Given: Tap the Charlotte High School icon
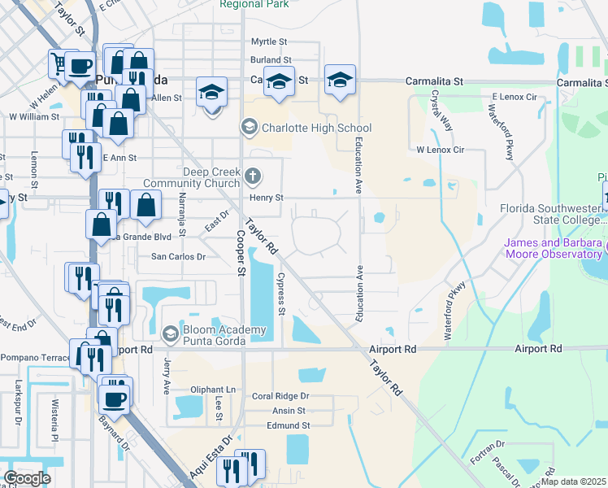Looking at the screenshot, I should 249,128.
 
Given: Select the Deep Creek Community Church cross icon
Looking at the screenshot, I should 253,176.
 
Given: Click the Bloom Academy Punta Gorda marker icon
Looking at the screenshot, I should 170,333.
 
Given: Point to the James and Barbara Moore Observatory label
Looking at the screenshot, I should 553,250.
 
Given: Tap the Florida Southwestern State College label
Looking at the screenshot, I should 553,213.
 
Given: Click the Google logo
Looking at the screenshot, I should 27,478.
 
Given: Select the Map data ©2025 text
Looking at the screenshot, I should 574,481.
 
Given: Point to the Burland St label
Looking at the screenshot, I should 271,60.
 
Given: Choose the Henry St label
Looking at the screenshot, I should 266,198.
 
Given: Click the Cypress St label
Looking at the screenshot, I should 281,300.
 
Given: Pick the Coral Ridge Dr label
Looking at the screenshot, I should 280,396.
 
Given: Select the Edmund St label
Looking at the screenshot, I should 289,425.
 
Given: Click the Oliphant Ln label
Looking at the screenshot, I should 213,390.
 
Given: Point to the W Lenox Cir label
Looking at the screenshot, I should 439,150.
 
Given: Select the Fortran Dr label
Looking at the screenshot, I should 489,457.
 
